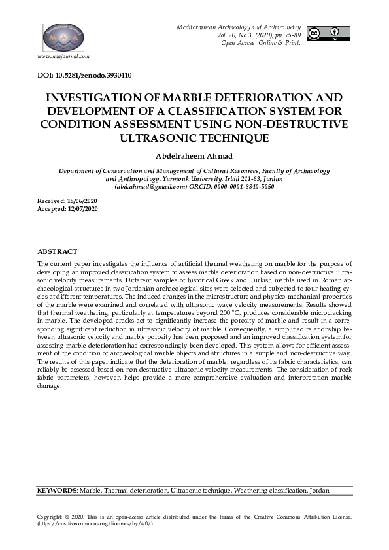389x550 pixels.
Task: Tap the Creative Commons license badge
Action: click(328, 34)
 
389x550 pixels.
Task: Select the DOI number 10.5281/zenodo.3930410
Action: click(95, 75)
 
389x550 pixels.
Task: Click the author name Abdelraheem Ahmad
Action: click(194, 156)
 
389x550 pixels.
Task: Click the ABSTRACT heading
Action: click(58, 251)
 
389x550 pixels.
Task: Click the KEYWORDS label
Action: click(57, 490)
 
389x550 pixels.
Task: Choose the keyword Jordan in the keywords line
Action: click(319, 490)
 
